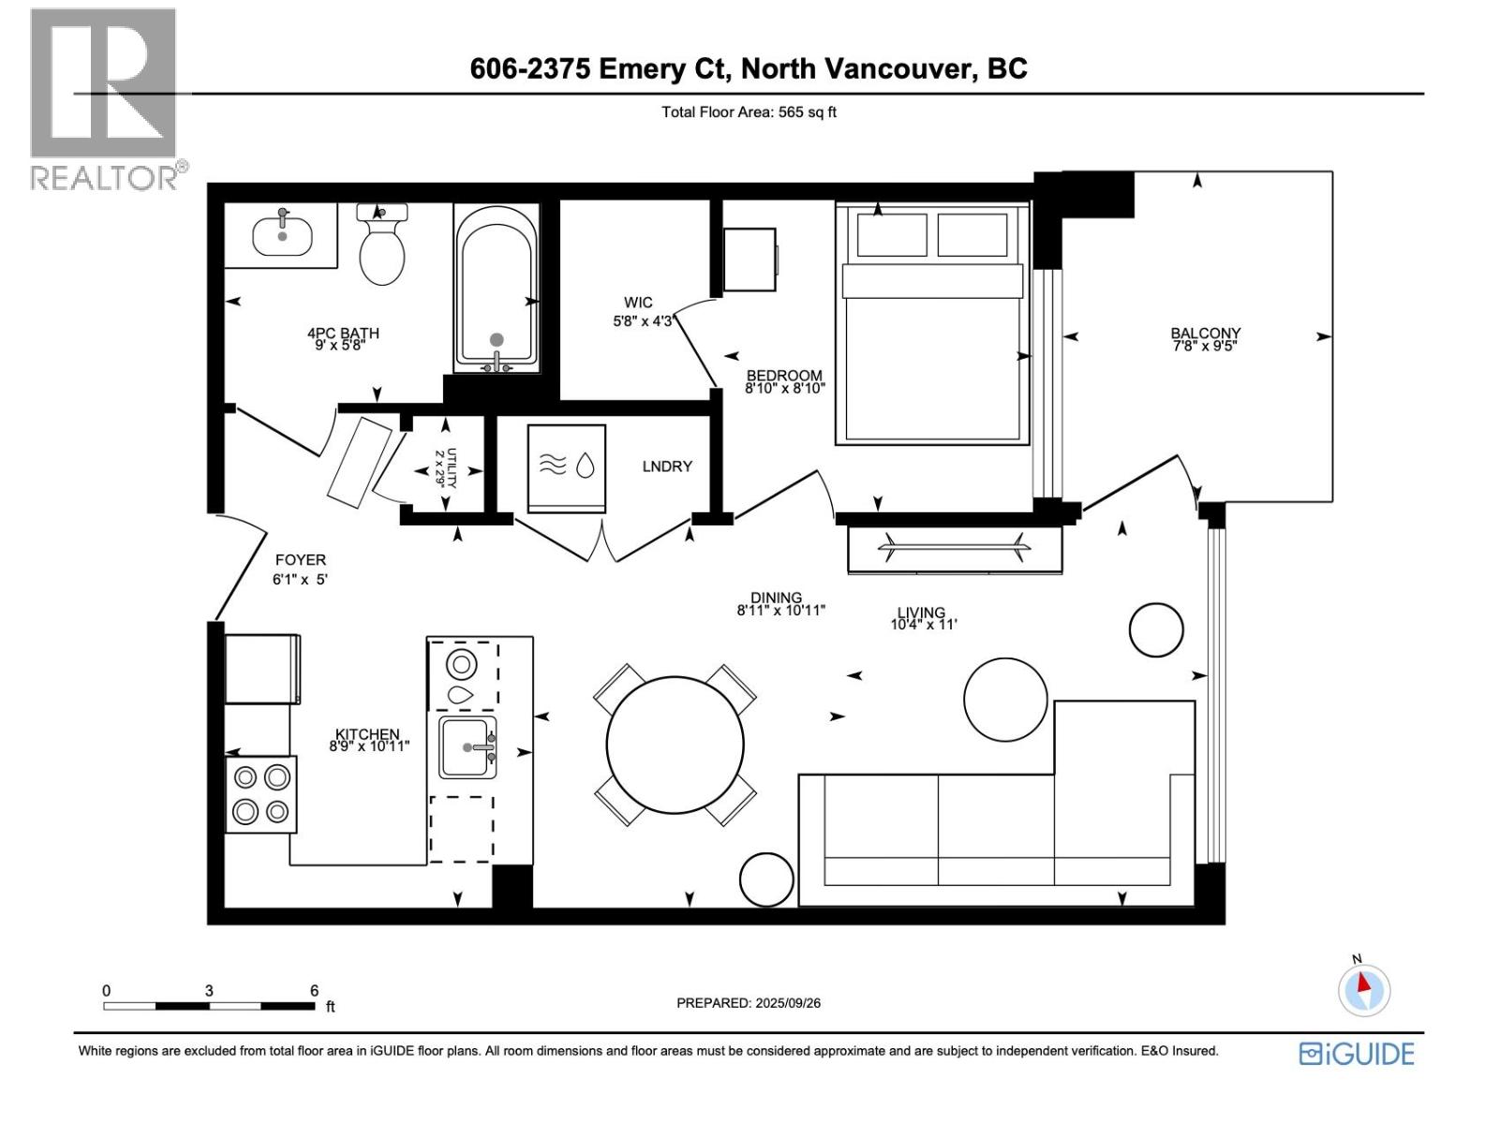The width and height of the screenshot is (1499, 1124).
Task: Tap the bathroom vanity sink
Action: (282, 233)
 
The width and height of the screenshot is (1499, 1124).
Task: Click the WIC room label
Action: (638, 303)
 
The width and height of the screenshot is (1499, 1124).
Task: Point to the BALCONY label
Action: (1205, 333)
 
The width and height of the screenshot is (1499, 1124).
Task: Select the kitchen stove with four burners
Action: (261, 794)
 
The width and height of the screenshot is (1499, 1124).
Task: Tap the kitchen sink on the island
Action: (468, 747)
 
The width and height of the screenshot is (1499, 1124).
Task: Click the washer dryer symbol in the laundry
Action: (566, 466)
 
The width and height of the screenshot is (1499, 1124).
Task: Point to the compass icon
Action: (1363, 989)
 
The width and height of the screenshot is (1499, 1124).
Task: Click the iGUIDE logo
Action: (1357, 1054)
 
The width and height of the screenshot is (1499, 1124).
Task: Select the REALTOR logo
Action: (104, 98)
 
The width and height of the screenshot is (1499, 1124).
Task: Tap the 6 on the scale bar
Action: (315, 990)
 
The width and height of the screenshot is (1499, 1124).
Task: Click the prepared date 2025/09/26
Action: (786, 1003)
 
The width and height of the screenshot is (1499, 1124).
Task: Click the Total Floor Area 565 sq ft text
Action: (749, 112)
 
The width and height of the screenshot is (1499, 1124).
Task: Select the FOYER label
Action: (300, 560)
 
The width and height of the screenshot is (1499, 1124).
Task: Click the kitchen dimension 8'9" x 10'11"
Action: (369, 747)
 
